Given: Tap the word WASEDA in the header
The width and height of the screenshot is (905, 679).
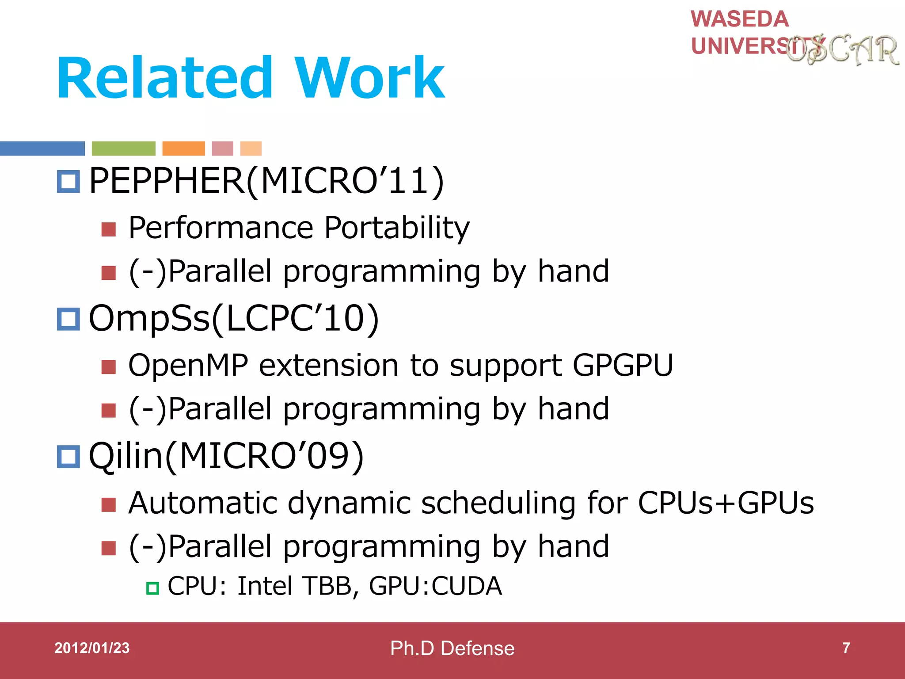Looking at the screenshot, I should [x=740, y=19].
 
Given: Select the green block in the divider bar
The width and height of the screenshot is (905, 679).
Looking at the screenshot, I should [x=123, y=149].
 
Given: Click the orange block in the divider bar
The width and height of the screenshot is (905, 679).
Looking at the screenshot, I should [x=183, y=149].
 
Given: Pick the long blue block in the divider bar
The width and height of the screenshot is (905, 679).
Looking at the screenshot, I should [x=42, y=149].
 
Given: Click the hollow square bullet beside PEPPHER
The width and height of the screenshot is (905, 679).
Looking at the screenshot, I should [x=68, y=181].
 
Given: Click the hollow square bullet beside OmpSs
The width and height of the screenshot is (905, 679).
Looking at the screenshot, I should [x=68, y=319].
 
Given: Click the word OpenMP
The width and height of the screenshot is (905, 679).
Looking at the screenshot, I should [x=188, y=366].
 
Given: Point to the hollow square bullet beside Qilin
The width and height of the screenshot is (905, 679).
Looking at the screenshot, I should [x=68, y=457].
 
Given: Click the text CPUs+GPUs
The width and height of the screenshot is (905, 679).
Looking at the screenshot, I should [x=725, y=503].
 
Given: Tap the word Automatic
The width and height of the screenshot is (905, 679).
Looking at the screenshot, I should [x=202, y=503].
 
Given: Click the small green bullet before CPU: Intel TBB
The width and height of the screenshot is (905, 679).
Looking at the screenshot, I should [x=152, y=588].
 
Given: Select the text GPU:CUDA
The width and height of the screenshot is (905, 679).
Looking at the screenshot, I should [x=435, y=586].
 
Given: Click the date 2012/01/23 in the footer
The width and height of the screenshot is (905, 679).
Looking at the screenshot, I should [x=92, y=648].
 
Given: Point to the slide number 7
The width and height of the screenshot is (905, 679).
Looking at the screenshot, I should [x=846, y=648].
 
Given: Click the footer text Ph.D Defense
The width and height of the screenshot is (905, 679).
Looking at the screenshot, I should [x=452, y=648].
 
